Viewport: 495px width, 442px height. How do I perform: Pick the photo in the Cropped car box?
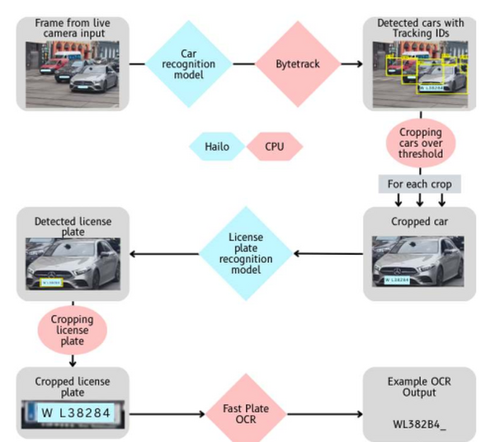pyautogui.click(x=420, y=262)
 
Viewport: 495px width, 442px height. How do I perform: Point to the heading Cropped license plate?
pyautogui.click(x=72, y=381)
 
